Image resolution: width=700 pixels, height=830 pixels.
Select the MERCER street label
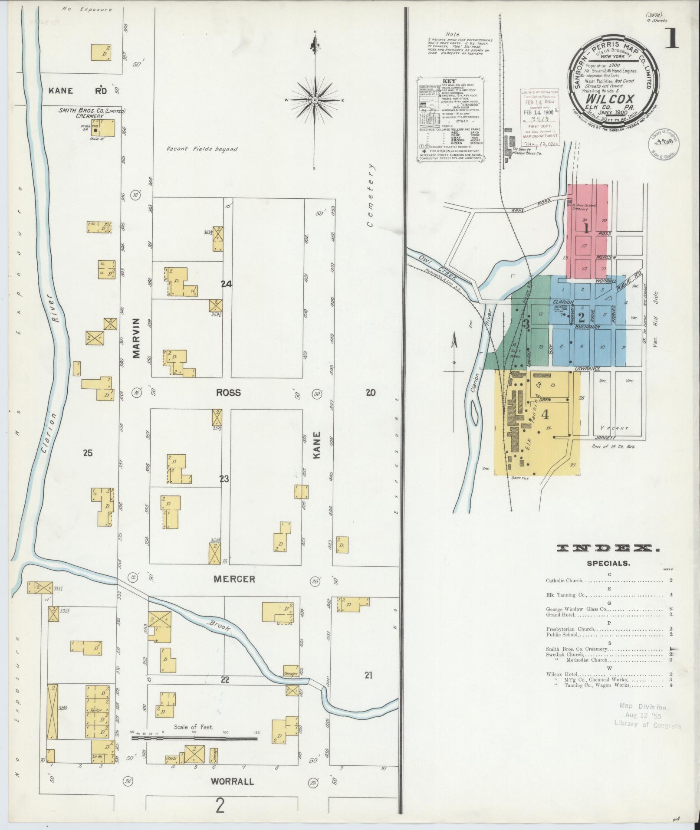[x=234, y=579]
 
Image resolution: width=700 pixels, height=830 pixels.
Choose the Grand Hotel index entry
[x=561, y=614]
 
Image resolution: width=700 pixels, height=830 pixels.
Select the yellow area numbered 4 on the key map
[x=545, y=414]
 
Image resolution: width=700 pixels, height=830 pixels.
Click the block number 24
[x=226, y=284]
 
